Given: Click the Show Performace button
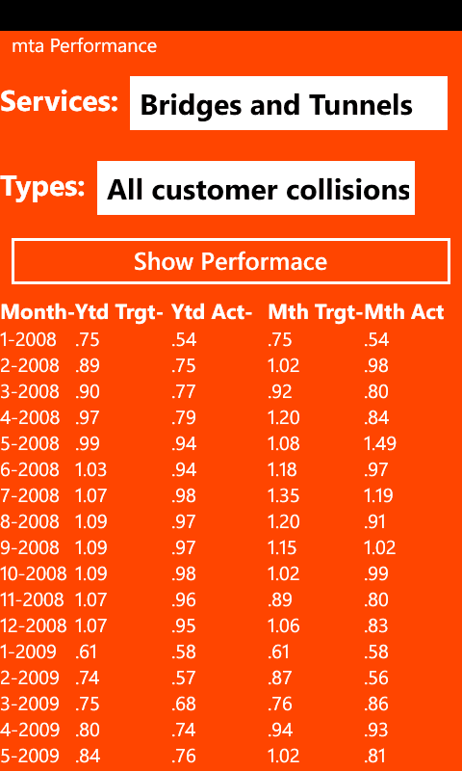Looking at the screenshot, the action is coord(231,261).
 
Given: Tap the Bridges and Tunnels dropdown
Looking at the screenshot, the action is coord(289,103).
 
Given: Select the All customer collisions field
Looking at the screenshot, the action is coord(256,188).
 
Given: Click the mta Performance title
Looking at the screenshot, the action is coord(84,46).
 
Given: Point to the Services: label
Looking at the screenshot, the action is coord(60,101).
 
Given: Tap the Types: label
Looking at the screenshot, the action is coord(42,187).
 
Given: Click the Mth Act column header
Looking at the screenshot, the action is coord(404,311).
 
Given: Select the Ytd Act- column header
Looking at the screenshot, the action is coord(212,311).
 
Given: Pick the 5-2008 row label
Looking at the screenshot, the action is coord(30,444).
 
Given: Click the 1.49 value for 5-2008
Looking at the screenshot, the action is coord(380,444).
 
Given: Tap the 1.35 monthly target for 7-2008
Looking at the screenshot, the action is coord(283,495).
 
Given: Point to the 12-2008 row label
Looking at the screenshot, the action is coord(34,625).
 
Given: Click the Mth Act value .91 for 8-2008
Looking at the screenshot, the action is coord(374,521).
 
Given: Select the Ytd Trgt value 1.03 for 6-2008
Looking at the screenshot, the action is coord(90,469).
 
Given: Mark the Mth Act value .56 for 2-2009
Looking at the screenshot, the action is coord(376,678).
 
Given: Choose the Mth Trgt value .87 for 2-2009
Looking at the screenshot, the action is coord(280,678).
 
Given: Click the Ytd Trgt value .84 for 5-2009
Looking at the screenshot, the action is coord(88,756).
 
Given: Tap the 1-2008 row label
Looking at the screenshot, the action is coord(28,340).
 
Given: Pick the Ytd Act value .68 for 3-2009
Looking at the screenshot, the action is coord(184,705).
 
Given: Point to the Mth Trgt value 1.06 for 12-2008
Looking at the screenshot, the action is coord(283,625).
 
